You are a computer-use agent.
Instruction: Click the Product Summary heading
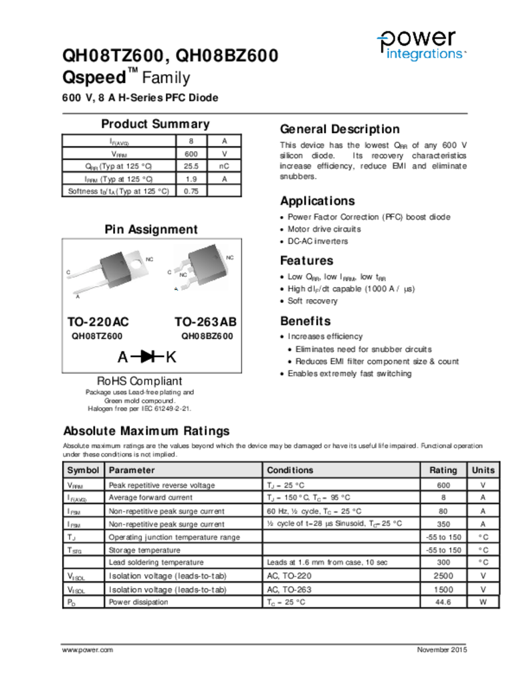pos(155,124)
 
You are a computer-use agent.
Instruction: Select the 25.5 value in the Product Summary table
pos(191,166)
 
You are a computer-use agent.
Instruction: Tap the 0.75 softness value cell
pos(191,191)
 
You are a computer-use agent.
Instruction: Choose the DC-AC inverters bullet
pos(318,241)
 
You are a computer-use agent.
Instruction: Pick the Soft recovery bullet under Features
pos(312,301)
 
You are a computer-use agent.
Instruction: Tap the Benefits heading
pos(305,320)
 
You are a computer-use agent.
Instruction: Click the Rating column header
pos(443,470)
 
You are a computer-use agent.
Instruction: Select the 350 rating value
pos(443,524)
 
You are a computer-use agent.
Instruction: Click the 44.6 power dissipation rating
pos(443,602)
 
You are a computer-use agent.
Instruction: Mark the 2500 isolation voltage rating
pos(443,576)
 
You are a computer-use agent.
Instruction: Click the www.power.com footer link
pos(87,650)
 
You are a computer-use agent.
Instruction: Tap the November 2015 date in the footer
pos(442,650)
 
